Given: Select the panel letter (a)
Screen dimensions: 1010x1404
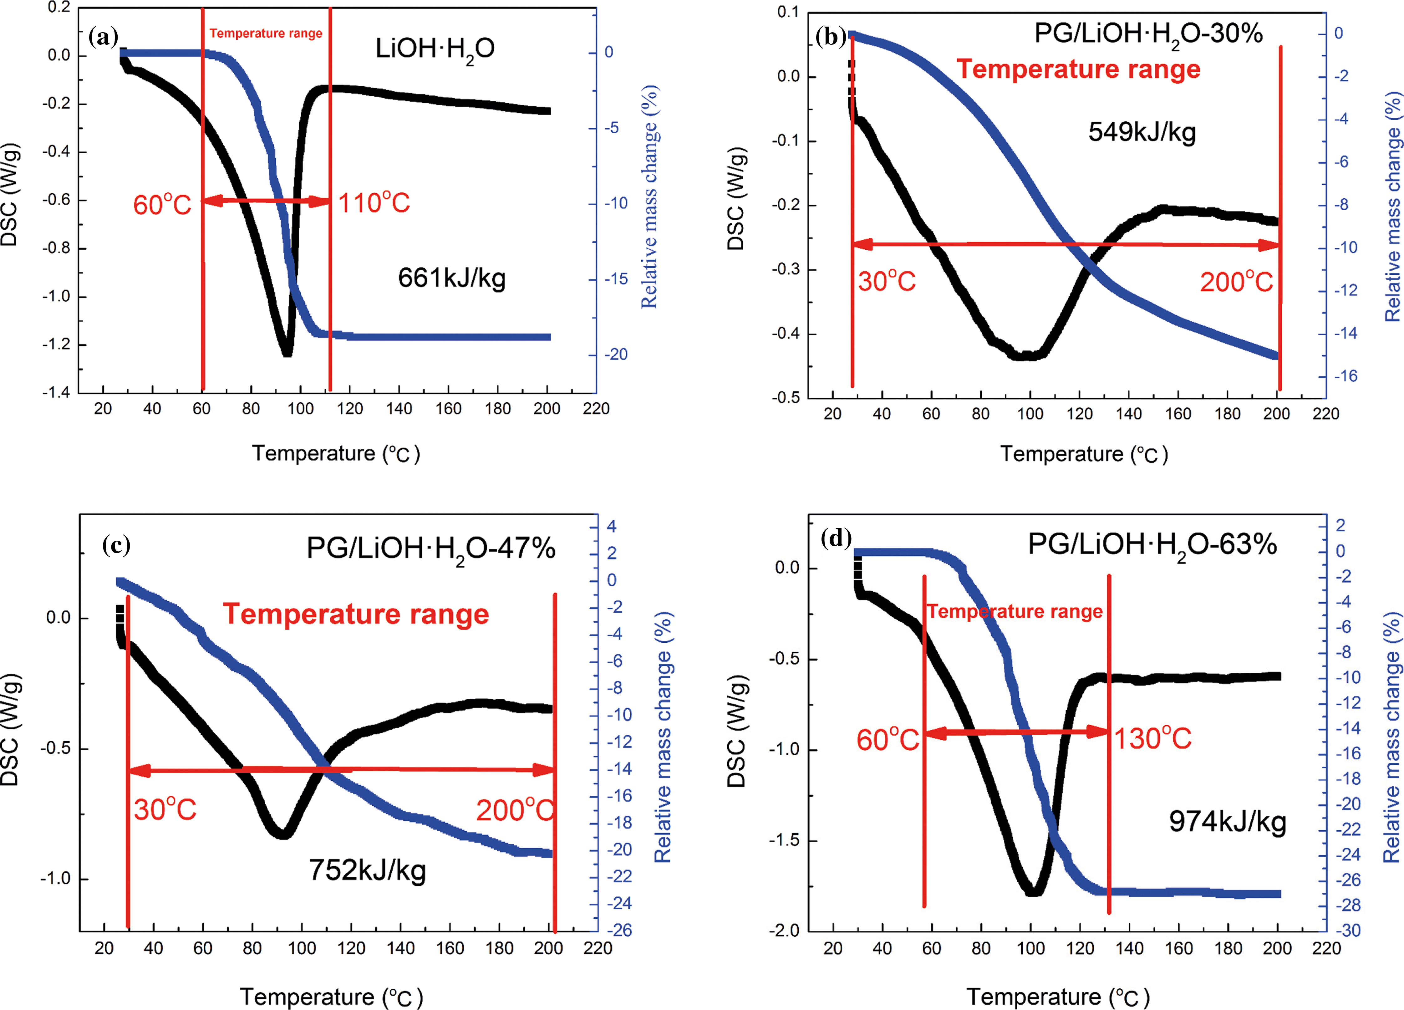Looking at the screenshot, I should (x=103, y=37).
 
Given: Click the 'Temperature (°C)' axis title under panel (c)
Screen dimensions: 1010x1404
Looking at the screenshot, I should (x=331, y=997).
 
